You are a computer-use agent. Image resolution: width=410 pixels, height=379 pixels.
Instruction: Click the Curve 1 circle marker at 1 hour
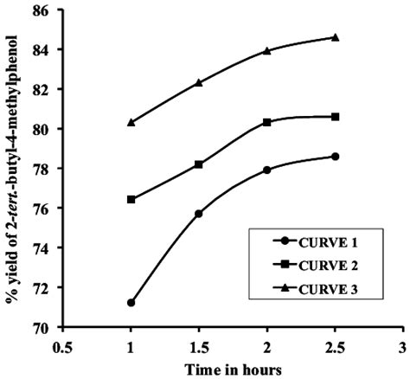131,303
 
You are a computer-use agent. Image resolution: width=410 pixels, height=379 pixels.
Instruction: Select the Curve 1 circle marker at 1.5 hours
199,214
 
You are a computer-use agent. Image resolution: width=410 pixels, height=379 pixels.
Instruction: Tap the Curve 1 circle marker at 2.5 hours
335,157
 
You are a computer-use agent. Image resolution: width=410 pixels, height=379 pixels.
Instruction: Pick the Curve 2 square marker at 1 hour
131,200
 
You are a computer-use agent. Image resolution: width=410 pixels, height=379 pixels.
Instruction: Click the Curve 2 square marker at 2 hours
266,122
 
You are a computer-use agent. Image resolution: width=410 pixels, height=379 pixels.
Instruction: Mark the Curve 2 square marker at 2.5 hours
335,117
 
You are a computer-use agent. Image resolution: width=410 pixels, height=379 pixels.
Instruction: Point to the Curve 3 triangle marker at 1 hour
131,122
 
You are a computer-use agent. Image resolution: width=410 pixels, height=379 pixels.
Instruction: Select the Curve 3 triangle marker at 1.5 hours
199,82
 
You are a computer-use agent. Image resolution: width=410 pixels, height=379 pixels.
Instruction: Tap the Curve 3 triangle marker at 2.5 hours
335,37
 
